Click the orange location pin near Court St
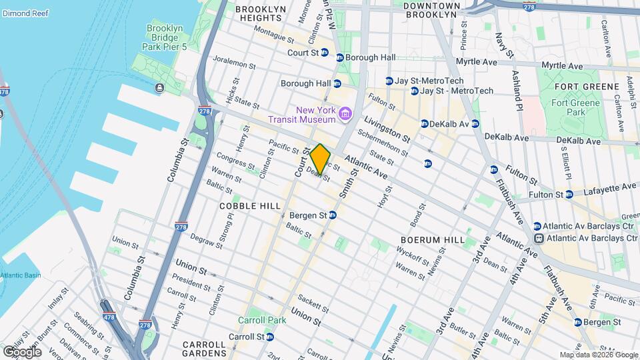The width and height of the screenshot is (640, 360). [320, 159]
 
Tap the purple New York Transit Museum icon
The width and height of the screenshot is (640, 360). [345, 114]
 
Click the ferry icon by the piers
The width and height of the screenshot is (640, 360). [159, 88]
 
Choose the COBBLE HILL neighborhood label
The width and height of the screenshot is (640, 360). [250, 206]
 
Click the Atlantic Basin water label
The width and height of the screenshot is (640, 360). [20, 276]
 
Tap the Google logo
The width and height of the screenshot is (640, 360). [23, 351]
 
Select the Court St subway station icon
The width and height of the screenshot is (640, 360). [340, 57]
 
